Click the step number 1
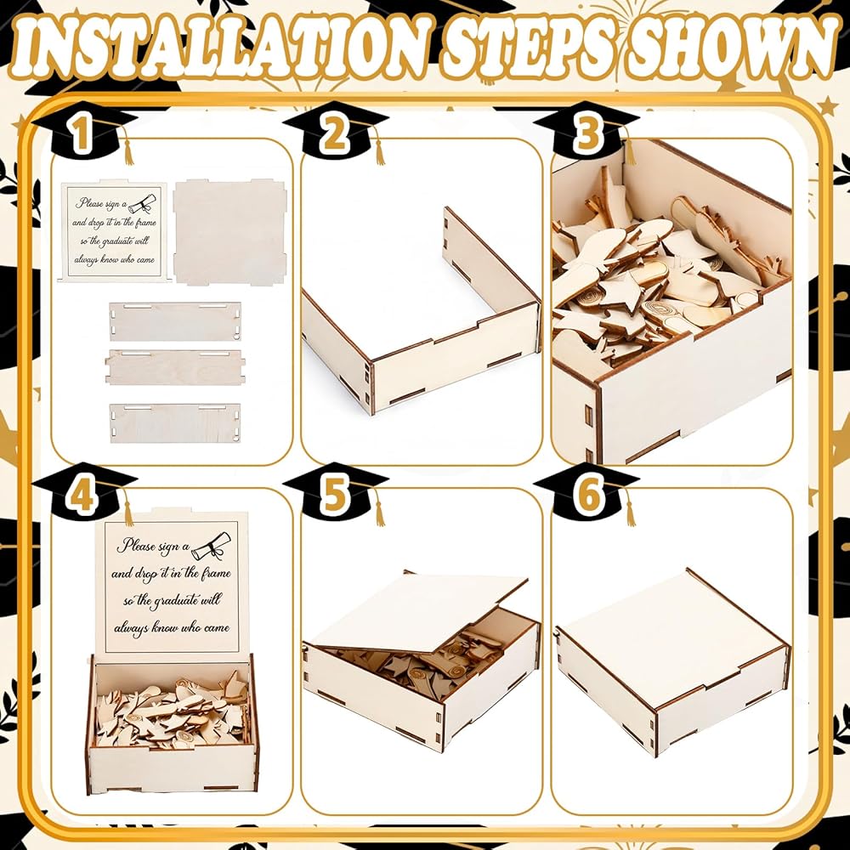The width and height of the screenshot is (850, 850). (x=81, y=134)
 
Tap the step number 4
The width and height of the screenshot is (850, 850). (x=82, y=496)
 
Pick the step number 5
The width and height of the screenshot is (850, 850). (x=334, y=496)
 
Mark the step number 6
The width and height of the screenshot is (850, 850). (x=588, y=496)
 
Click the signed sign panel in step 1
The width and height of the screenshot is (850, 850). (x=115, y=232)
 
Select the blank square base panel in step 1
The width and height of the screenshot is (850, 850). (x=229, y=231)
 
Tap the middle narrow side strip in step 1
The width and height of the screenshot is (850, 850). (x=174, y=367)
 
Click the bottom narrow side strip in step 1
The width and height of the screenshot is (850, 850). (x=174, y=422)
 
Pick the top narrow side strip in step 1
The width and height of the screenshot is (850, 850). (x=174, y=321)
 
